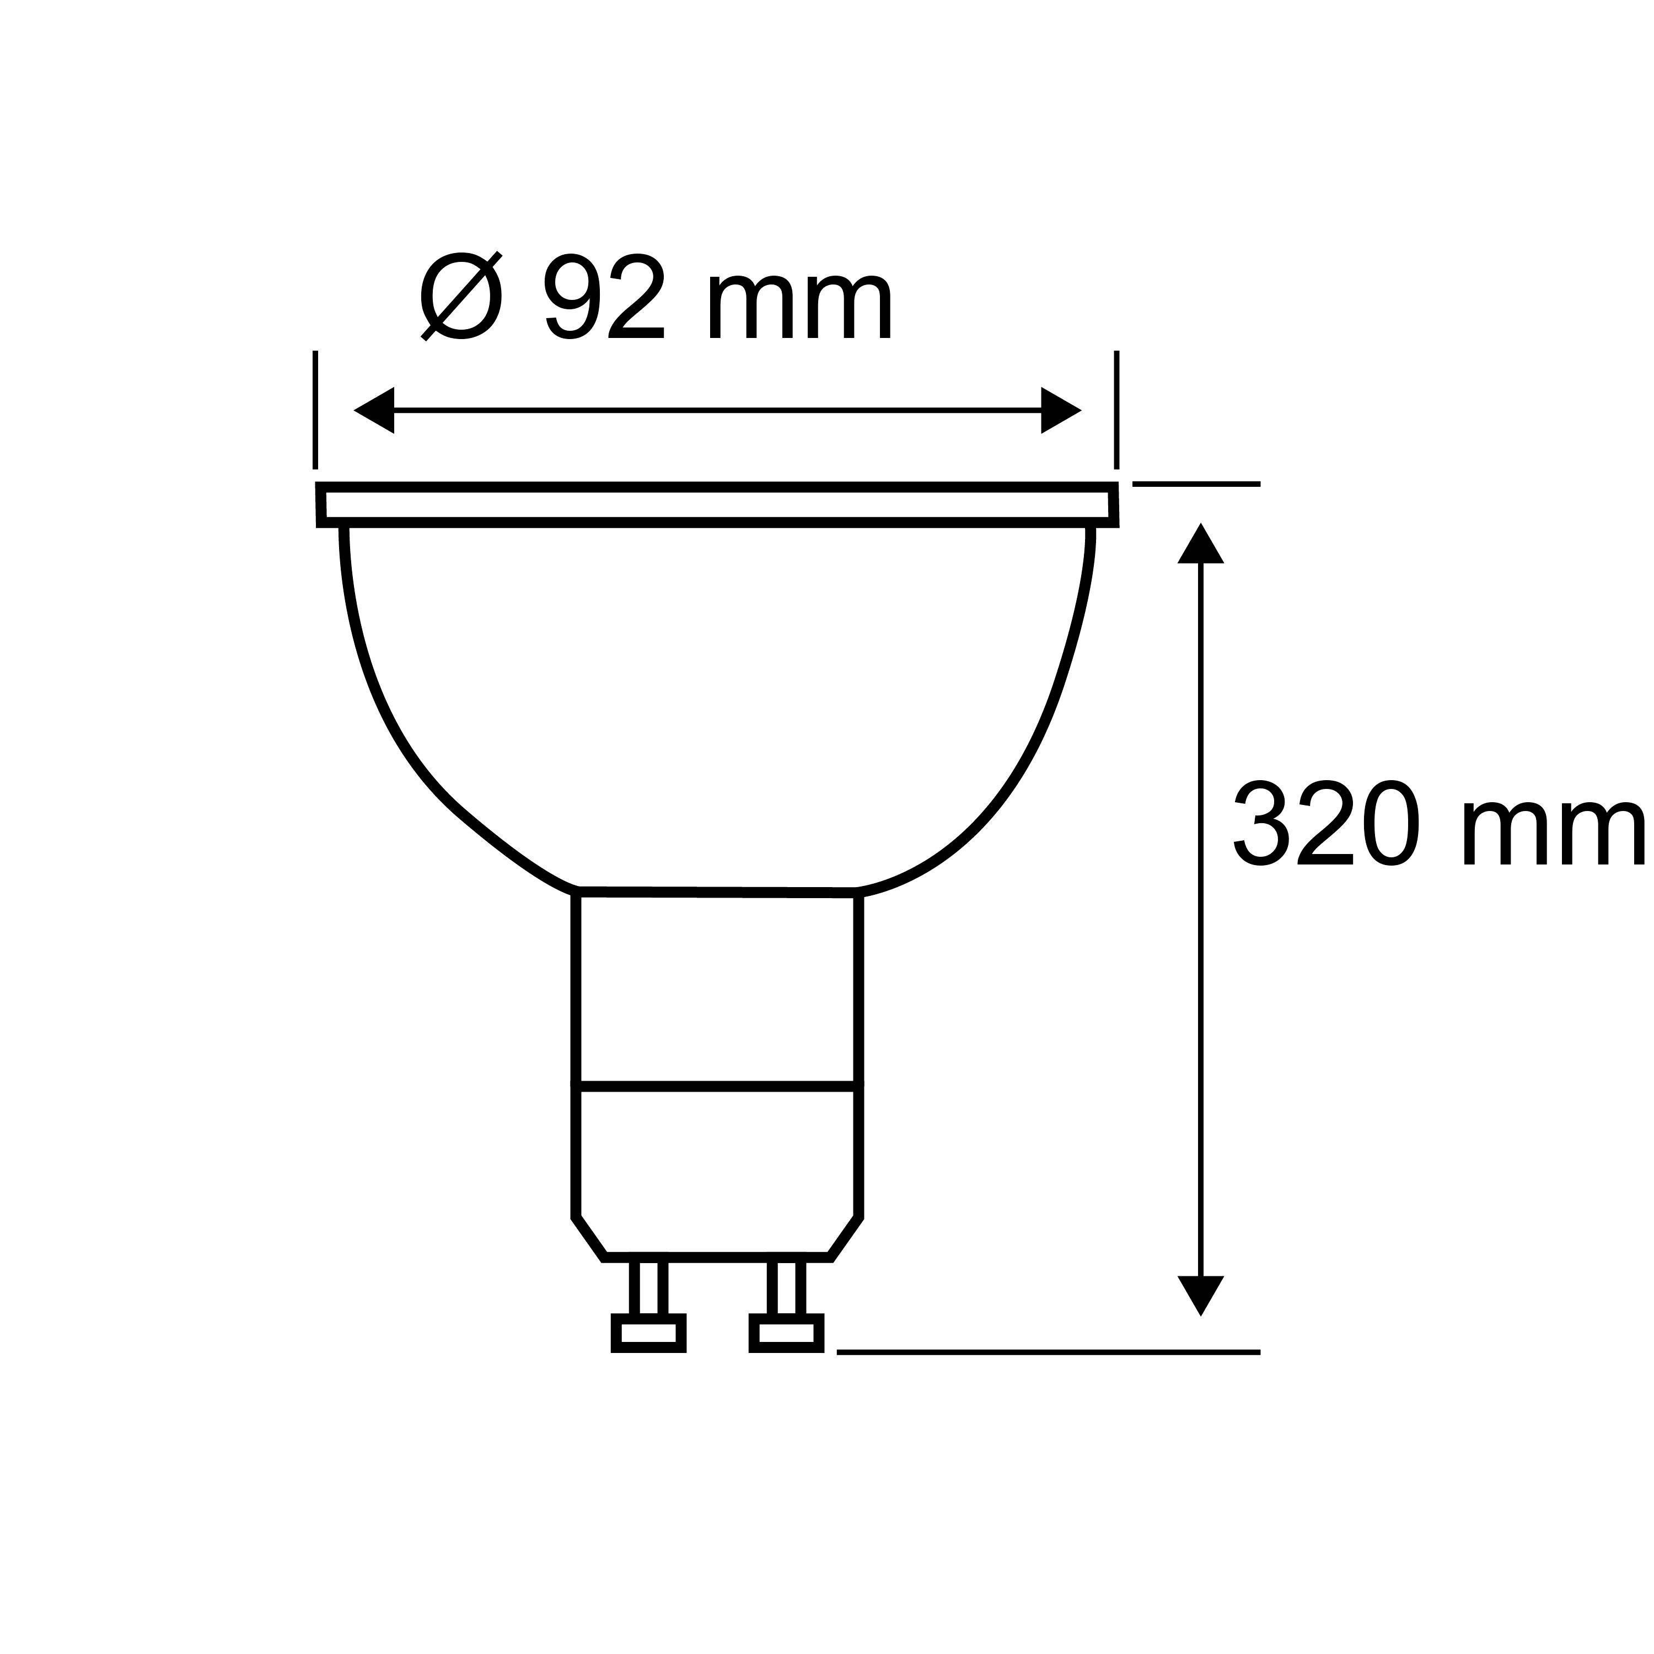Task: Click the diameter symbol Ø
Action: (460, 296)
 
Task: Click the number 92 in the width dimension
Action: (604, 296)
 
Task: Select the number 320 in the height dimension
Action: (1326, 823)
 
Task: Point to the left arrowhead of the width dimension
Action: (374, 410)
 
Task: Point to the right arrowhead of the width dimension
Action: (1061, 410)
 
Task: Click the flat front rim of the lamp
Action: (717, 505)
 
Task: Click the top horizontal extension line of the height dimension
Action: (1196, 485)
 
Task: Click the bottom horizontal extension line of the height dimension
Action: (1048, 1352)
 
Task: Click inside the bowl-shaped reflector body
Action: (717, 702)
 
